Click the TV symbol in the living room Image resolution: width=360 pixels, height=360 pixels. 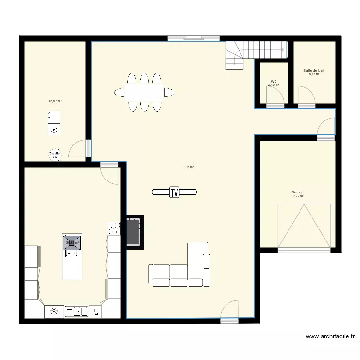pyautogui.click(x=174, y=192)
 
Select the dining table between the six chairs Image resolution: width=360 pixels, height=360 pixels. pyautogui.click(x=144, y=91)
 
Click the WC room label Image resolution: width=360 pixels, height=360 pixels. pyautogui.click(x=274, y=81)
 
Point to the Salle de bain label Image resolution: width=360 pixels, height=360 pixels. pyautogui.click(x=314, y=71)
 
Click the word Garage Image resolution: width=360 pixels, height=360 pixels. pyautogui.click(x=298, y=192)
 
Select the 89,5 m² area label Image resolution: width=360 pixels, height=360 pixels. pyautogui.click(x=188, y=167)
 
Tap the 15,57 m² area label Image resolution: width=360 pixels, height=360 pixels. pyautogui.click(x=55, y=101)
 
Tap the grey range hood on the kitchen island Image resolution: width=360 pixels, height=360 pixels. pyautogui.click(x=72, y=243)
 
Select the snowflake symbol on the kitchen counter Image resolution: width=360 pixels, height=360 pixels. pyautogui.click(x=54, y=312)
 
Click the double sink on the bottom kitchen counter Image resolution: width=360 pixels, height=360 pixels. pyautogui.click(x=77, y=312)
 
